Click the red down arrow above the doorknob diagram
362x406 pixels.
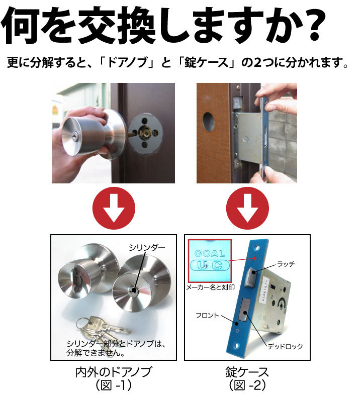click(x=114, y=208)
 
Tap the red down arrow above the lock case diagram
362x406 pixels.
click(x=247, y=208)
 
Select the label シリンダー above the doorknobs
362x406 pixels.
click(x=147, y=248)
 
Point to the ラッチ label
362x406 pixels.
click(x=286, y=264)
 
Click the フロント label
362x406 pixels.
click(x=207, y=316)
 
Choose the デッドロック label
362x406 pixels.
click(x=285, y=346)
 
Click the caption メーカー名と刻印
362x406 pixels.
click(x=210, y=287)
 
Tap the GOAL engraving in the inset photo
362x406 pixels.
click(x=210, y=253)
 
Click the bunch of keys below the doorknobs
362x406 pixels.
click(x=103, y=330)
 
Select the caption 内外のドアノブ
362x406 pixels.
click(x=113, y=372)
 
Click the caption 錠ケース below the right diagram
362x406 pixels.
click(x=247, y=372)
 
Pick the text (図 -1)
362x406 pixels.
click(x=114, y=385)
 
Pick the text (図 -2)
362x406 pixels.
click(x=247, y=385)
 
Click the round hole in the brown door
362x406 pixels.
click(x=209, y=122)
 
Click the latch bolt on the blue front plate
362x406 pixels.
click(x=250, y=277)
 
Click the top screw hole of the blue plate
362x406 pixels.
click(x=257, y=248)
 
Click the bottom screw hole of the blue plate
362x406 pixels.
click(x=237, y=345)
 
